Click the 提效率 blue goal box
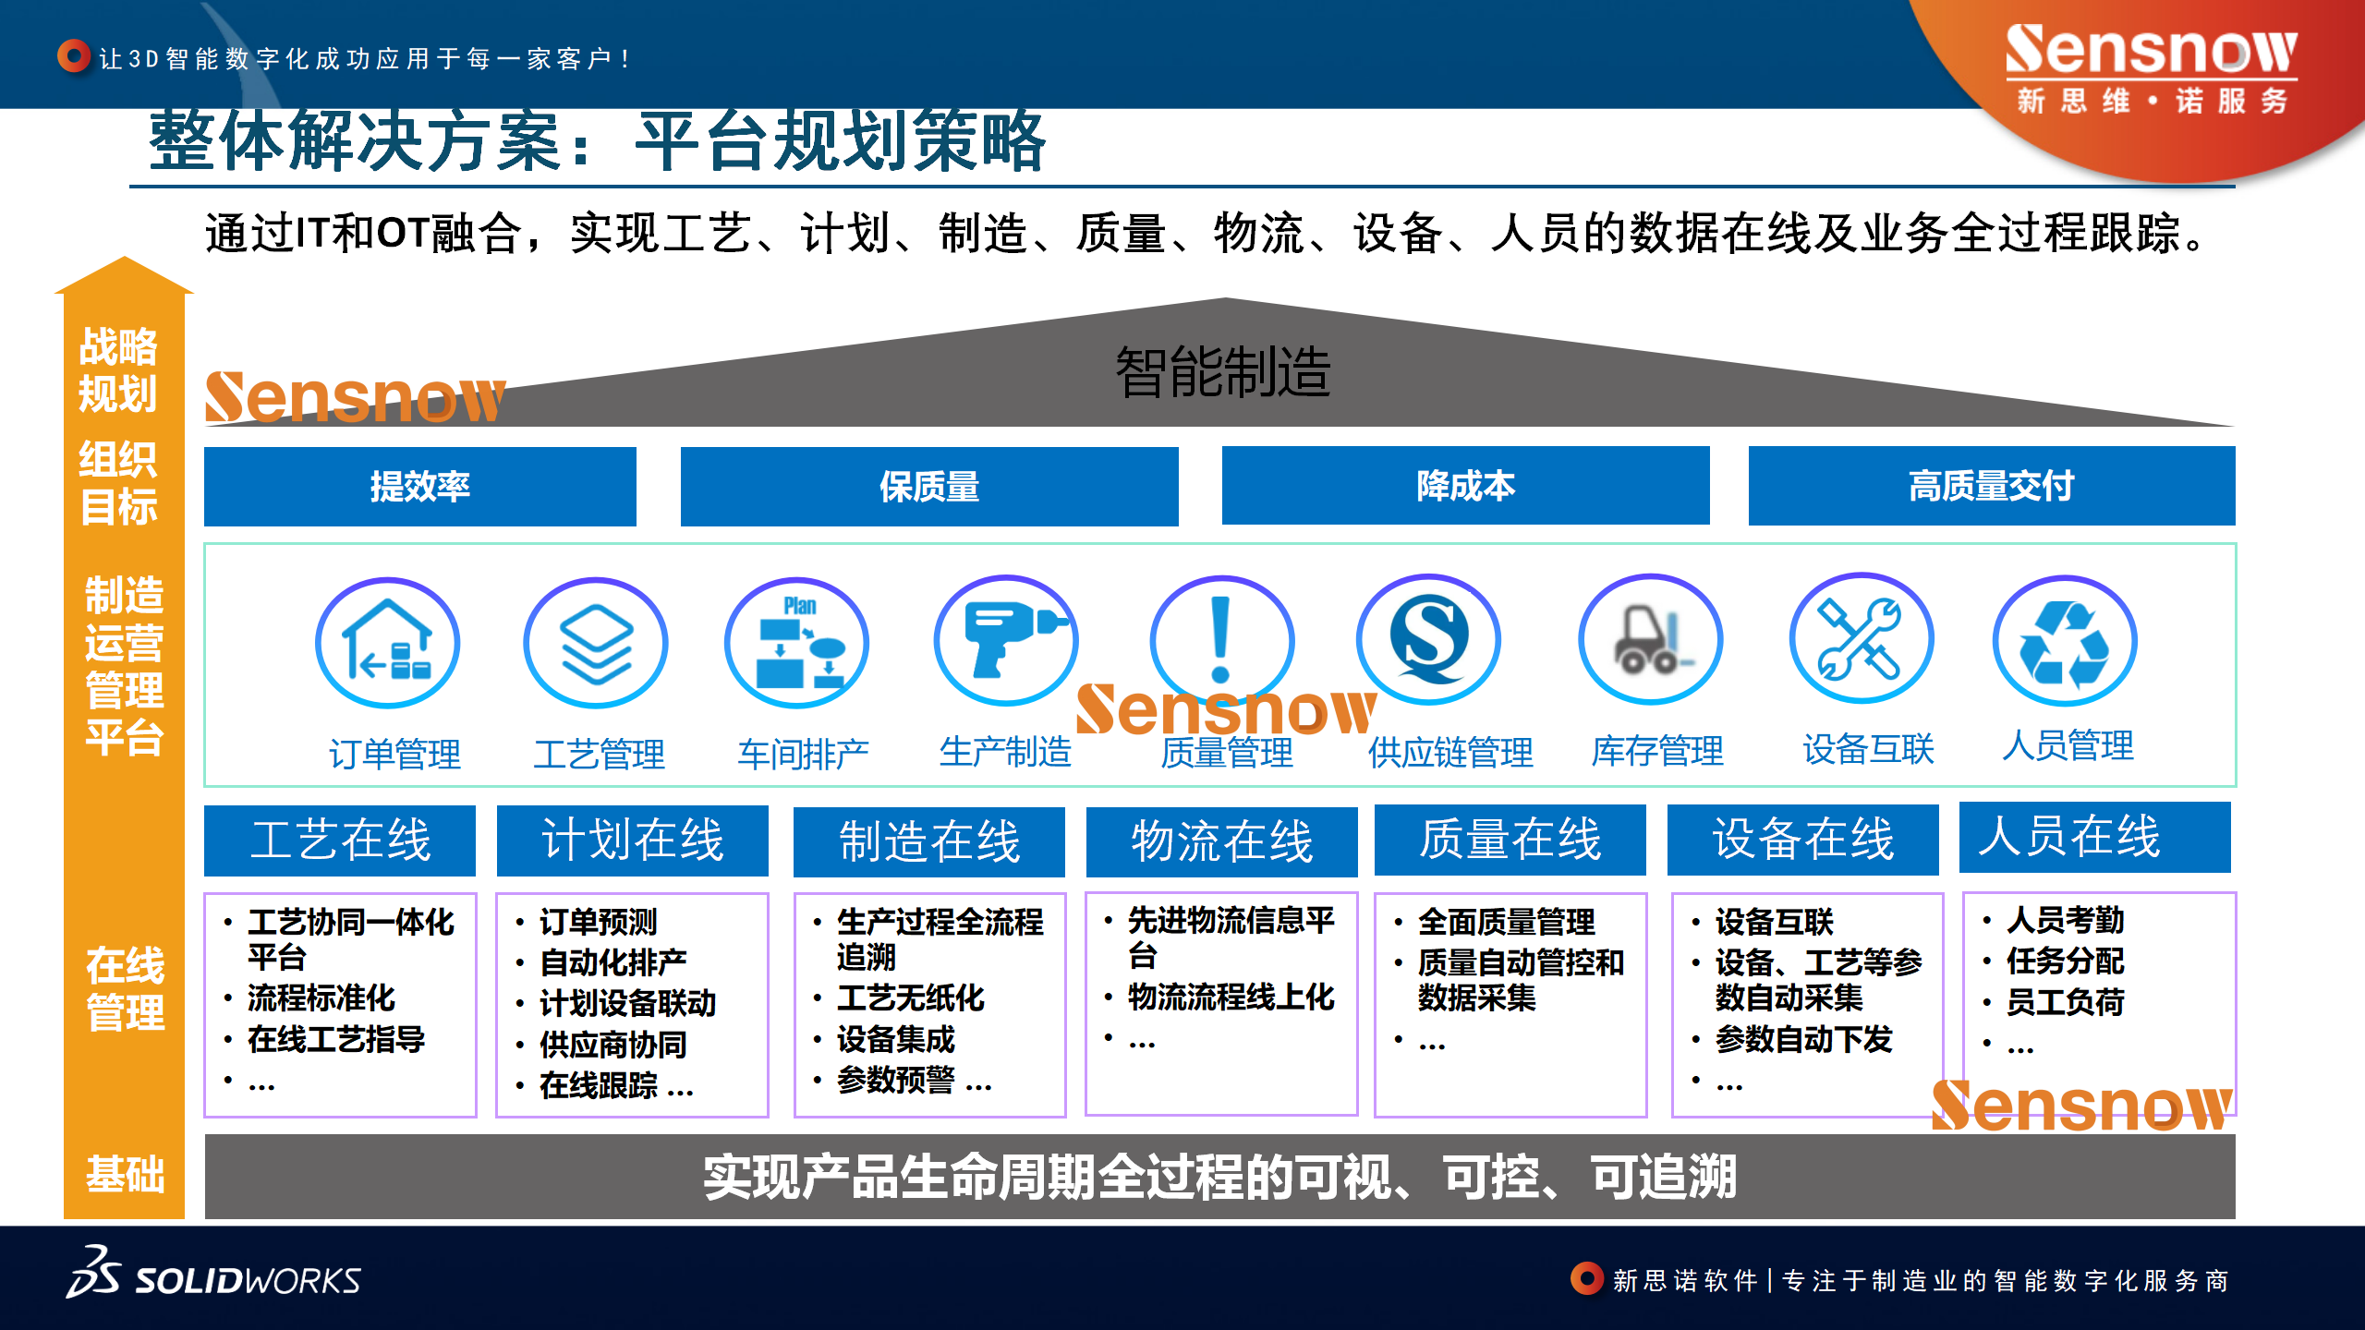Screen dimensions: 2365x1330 [x=420, y=487]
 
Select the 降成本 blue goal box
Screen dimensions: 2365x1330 [x=1465, y=486]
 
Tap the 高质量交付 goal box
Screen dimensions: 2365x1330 [x=1992, y=486]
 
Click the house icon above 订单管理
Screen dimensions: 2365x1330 [x=387, y=643]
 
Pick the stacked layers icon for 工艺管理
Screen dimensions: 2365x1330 [x=596, y=643]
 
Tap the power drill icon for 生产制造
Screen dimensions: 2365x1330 [x=1006, y=640]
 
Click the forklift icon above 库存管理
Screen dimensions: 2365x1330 [x=1651, y=639]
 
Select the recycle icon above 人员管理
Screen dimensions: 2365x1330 [x=2065, y=641]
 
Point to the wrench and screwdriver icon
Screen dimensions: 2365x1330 [x=1862, y=638]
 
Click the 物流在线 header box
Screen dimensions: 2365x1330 [x=1221, y=841]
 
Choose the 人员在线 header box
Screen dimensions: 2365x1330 [x=2095, y=838]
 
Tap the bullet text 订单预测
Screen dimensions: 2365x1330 [x=599, y=922]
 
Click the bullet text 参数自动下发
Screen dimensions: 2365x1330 [x=1804, y=1039]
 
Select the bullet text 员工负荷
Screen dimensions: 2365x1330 [x=2066, y=1002]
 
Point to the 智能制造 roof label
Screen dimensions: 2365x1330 [x=1223, y=372]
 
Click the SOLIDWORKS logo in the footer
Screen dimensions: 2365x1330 [x=213, y=1274]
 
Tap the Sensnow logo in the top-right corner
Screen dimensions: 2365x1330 [x=2152, y=69]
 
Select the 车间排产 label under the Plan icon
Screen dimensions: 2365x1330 [x=803, y=755]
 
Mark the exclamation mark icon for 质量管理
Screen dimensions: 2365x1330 [x=1221, y=640]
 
